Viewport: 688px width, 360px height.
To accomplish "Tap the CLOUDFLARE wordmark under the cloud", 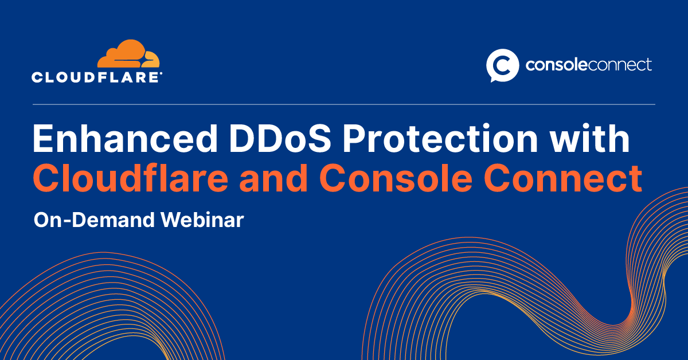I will click(96, 77).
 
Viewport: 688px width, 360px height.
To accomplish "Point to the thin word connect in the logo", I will click(617, 65).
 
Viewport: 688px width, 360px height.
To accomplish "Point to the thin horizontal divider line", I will click(344, 104).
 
